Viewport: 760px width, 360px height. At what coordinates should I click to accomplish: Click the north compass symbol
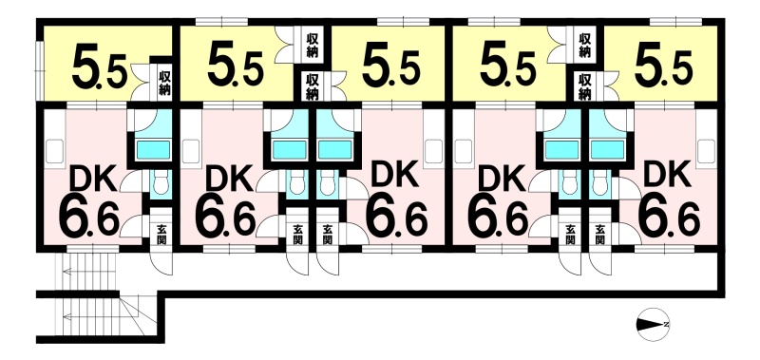pyautogui.click(x=652, y=324)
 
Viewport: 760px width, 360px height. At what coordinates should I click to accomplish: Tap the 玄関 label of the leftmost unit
pyautogui.click(x=161, y=233)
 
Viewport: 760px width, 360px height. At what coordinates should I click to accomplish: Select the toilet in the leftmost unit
pyautogui.click(x=159, y=184)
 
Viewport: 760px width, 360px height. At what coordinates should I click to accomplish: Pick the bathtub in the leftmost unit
pyautogui.click(x=153, y=150)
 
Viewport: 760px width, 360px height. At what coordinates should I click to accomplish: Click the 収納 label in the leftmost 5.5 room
pyautogui.click(x=164, y=84)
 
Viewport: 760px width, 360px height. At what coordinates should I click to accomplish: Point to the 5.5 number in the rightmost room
pyautogui.click(x=663, y=68)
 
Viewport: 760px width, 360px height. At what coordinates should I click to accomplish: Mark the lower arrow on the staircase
pyautogui.click(x=90, y=317)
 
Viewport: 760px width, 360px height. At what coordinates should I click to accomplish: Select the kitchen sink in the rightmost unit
pyautogui.click(x=706, y=151)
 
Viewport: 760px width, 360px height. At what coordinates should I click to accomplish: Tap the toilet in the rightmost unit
pyautogui.click(x=599, y=184)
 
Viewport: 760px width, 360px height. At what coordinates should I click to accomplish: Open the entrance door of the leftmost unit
pyautogui.click(x=161, y=262)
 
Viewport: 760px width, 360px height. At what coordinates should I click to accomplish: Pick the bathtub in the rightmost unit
pyautogui.click(x=607, y=150)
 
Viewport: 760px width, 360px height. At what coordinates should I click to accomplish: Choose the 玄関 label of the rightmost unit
pyautogui.click(x=600, y=233)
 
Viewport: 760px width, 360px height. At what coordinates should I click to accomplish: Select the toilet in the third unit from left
pyautogui.click(x=326, y=184)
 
